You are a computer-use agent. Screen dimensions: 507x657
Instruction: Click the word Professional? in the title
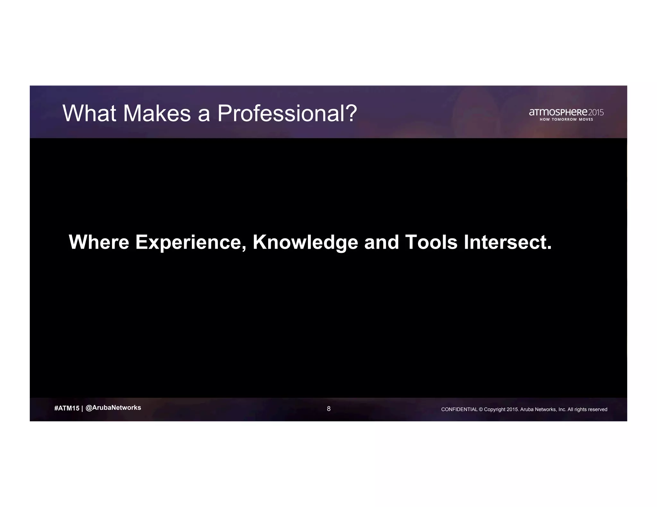tap(287, 113)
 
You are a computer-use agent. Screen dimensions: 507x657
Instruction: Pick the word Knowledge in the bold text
tap(305, 243)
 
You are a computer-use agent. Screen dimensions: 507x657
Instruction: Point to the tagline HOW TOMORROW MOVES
tap(566, 120)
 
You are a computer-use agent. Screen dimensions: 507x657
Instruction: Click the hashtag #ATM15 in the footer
tap(67, 408)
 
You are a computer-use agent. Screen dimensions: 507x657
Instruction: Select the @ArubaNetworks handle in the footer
tap(113, 408)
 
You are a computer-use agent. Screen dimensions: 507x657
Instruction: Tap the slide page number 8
tap(328, 409)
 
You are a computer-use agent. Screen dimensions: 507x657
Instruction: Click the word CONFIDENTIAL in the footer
tap(459, 409)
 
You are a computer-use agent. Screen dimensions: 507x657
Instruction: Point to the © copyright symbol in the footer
tap(481, 409)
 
